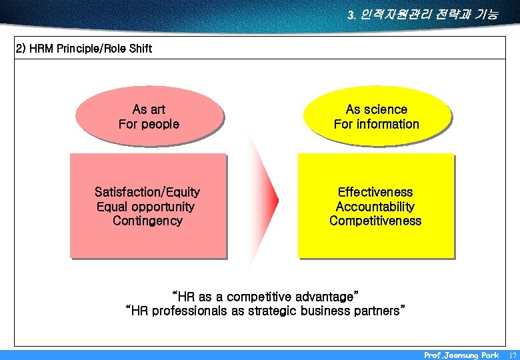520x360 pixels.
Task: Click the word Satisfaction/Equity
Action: click(147, 192)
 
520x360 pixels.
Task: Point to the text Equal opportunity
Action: click(146, 207)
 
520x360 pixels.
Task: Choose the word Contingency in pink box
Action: click(147, 221)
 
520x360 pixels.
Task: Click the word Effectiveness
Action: click(375, 192)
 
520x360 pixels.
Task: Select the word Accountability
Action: click(375, 207)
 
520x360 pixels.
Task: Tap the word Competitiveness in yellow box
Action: click(375, 221)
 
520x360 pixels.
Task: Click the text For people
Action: click(149, 124)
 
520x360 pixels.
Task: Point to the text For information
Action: click(377, 124)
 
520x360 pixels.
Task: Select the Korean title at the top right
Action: click(422, 14)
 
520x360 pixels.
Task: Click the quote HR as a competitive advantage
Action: click(265, 296)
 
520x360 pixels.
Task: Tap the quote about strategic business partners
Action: click(265, 311)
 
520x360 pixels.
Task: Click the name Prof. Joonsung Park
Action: click(461, 355)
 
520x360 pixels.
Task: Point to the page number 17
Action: click(511, 355)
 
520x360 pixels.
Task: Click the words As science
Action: click(377, 109)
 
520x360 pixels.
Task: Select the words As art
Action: click(149, 109)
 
